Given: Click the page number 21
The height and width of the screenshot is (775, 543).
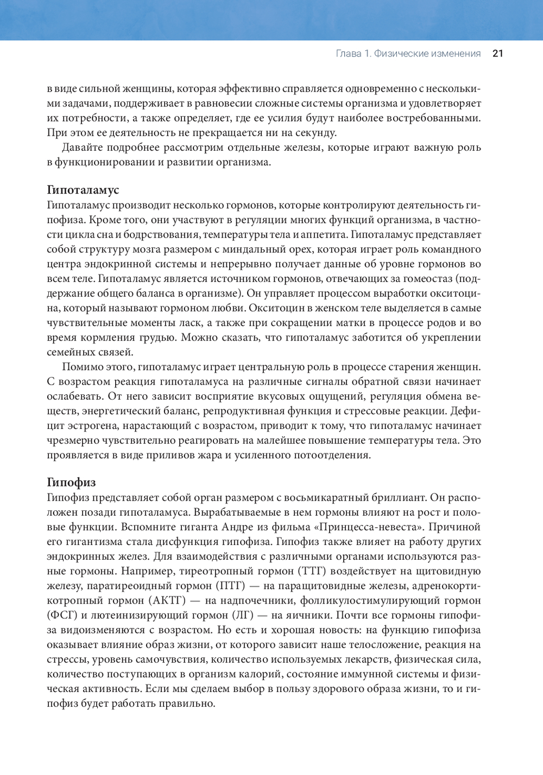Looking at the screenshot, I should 497,53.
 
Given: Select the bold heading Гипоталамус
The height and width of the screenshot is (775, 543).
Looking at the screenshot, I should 83,190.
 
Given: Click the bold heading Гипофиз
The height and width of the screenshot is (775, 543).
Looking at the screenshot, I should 71,483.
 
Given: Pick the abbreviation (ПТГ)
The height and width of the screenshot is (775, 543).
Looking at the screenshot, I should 232,586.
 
